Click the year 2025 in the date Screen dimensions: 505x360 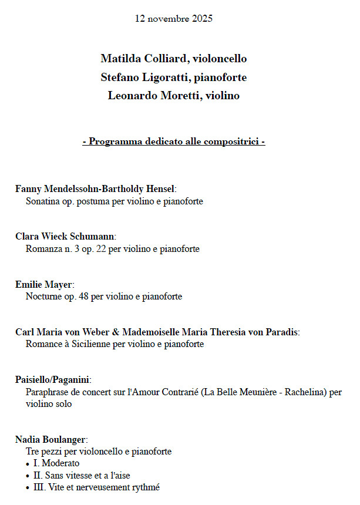tap(201, 19)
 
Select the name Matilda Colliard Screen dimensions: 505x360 tap(139, 59)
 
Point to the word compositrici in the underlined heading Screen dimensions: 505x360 tap(231, 142)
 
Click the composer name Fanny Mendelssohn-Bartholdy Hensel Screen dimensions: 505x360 tap(95, 189)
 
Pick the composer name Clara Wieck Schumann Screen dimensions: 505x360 tap(65, 237)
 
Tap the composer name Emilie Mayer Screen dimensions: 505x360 tap(43, 285)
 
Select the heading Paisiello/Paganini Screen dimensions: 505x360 tap(52, 380)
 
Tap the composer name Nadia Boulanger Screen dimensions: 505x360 tap(51, 439)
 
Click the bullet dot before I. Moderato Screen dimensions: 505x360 tap(29, 464)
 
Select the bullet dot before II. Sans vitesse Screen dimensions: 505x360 tap(29, 476)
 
